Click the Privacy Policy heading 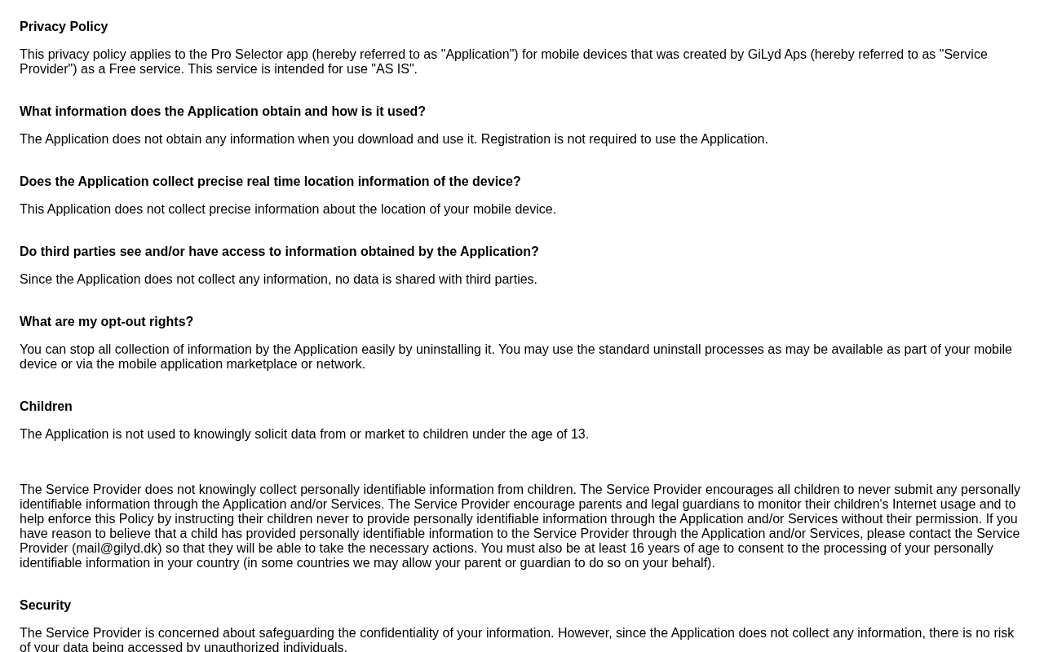64,27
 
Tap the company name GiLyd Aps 776,55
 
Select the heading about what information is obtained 223,112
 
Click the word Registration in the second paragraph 515,139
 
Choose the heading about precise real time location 270,182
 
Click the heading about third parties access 279,252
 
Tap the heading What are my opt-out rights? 106,322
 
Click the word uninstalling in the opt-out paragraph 454,350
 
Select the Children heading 46,407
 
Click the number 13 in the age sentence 578,434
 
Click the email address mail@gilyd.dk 117,548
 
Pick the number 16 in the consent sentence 637,548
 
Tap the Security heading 45,606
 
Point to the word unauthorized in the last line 241,647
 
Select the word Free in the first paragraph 122,69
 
